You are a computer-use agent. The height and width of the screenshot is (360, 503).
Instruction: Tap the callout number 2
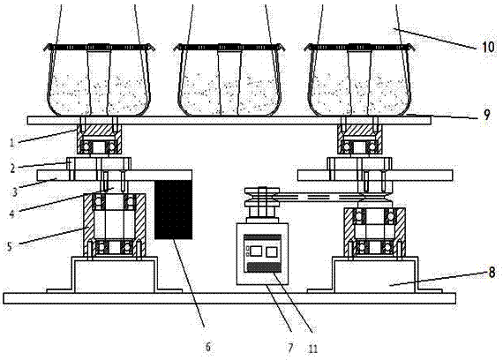12,168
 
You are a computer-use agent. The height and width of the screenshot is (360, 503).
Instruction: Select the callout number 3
14,191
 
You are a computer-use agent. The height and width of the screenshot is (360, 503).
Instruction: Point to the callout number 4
11,213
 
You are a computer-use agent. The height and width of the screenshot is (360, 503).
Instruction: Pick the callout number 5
10,246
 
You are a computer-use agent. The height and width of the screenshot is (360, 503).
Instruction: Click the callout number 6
208,347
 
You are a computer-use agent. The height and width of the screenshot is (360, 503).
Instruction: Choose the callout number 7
290,348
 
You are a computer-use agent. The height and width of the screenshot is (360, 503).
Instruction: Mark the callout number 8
492,273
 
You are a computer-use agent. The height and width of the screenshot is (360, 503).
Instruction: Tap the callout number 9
487,115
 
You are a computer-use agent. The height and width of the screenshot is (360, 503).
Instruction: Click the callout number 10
488,47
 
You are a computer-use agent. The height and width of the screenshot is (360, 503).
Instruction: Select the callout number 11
312,349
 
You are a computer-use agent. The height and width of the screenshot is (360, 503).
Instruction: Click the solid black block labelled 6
174,209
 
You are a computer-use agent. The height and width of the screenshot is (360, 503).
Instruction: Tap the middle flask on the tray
229,80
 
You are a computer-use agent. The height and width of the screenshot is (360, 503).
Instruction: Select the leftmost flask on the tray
99,80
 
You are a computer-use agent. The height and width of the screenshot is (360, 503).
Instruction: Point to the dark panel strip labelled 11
262,267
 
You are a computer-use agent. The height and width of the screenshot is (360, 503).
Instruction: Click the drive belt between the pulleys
321,198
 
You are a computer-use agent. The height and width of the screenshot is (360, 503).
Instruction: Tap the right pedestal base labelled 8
375,274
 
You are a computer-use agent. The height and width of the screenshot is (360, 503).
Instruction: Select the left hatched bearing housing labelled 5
114,225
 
